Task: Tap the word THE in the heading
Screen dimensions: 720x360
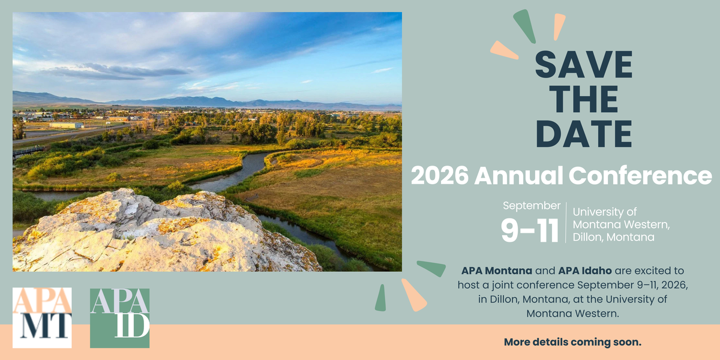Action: [x=584, y=99]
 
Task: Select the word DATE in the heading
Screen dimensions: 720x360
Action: [x=584, y=134]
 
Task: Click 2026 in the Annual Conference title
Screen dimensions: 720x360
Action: [x=440, y=175]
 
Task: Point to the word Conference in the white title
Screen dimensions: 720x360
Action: [x=640, y=175]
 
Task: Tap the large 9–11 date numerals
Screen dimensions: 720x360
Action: [x=530, y=230]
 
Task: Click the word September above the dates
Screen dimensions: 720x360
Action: [x=532, y=206]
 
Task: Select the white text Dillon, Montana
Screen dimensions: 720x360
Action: [x=613, y=237]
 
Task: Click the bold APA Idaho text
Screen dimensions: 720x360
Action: [x=585, y=271]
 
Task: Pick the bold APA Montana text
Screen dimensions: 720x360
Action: [x=497, y=271]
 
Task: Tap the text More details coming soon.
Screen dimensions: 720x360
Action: [x=572, y=342]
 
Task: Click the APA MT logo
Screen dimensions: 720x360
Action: [x=42, y=317]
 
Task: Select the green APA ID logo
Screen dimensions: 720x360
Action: [x=119, y=318]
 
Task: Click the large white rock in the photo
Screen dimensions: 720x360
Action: [x=161, y=235]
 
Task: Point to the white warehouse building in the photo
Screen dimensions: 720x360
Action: [x=66, y=125]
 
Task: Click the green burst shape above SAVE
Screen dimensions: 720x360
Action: [x=525, y=26]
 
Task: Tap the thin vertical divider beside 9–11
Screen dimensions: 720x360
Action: [x=566, y=223]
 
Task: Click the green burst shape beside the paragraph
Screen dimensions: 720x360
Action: [x=431, y=268]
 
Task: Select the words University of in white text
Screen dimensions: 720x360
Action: [x=604, y=212]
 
